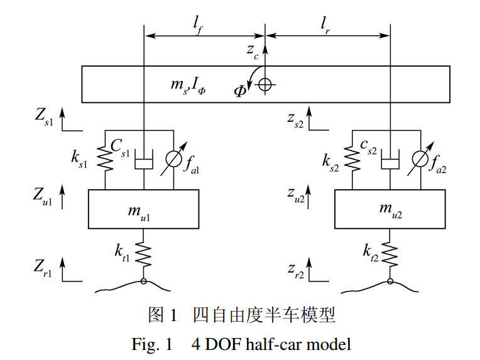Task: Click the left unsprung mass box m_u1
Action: (145, 209)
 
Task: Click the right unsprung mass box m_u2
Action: (390, 209)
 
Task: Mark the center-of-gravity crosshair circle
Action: (265, 84)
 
